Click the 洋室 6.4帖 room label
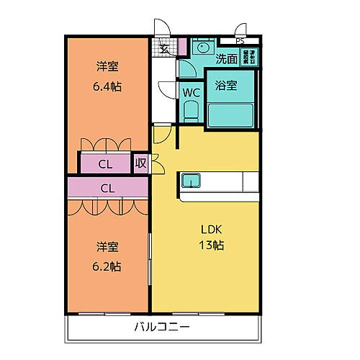point(108,75)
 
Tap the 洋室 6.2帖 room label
point(108,255)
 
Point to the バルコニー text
point(162,327)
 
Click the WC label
point(191,93)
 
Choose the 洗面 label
point(227,58)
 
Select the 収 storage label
point(141,164)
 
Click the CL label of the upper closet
point(105,164)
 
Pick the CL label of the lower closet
point(108,189)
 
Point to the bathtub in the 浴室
point(230,114)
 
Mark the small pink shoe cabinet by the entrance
point(184,48)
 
